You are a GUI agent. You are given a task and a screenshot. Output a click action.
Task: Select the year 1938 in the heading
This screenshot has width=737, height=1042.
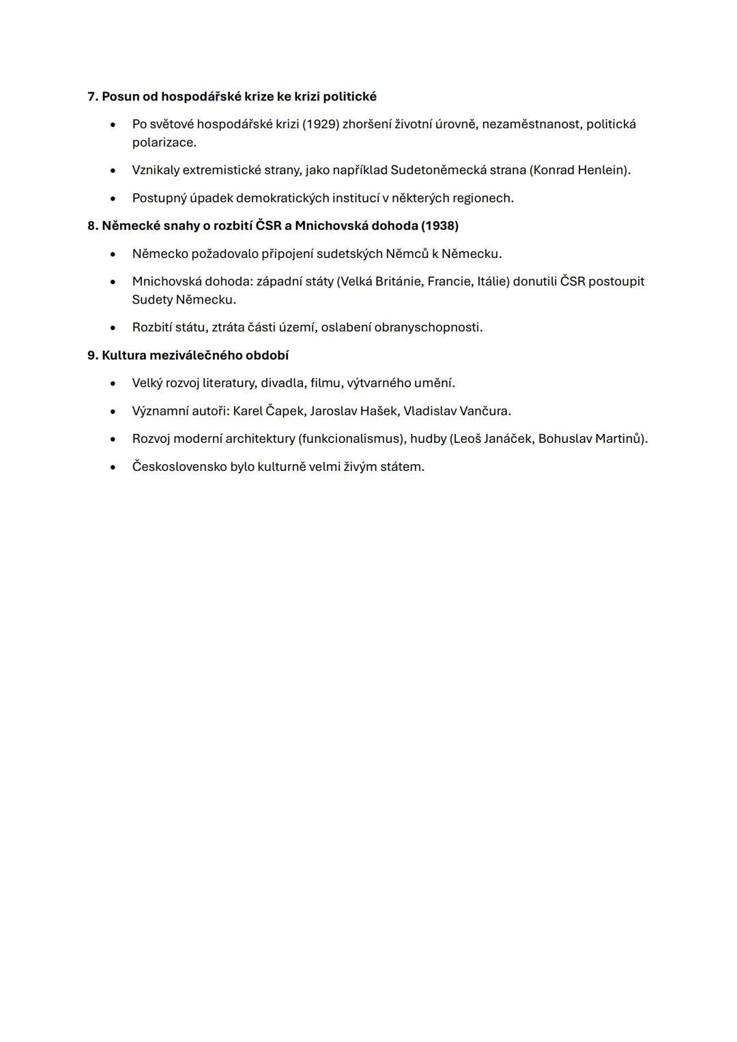439,226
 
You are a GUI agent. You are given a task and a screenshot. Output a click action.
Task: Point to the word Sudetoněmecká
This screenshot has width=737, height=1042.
438,170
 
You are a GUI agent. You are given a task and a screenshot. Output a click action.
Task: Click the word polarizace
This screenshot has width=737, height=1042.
164,143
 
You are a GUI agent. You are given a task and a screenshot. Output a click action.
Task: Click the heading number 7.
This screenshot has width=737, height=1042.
92,96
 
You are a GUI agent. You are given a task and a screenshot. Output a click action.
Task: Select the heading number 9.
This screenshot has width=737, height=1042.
92,356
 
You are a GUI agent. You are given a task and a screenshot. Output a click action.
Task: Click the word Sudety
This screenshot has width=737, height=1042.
152,300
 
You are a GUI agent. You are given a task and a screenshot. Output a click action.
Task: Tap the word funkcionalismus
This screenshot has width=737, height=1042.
348,439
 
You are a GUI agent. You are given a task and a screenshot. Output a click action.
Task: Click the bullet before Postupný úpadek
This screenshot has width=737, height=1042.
113,199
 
